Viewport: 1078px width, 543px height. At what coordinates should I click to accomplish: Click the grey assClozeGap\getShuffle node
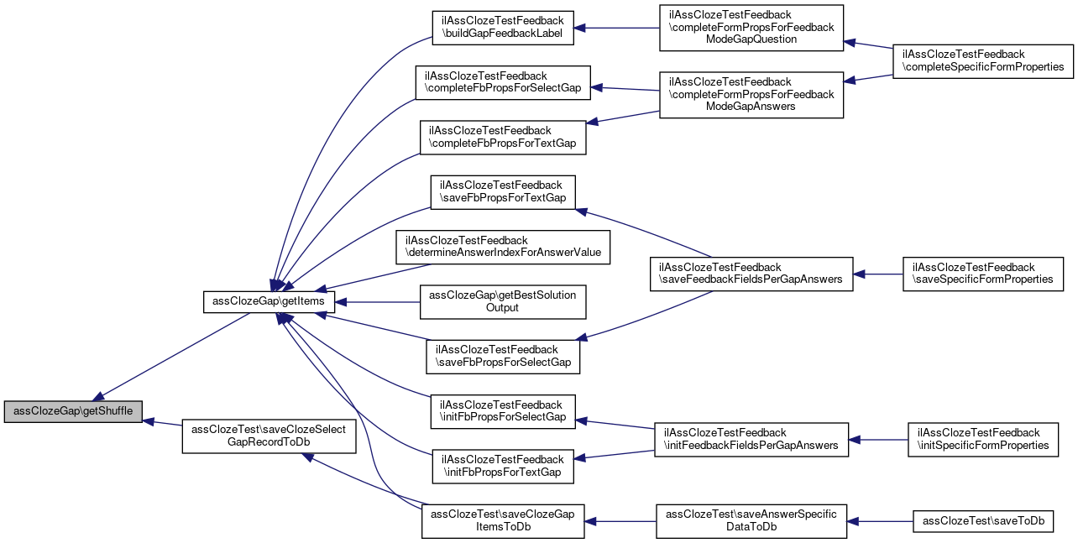click(72, 412)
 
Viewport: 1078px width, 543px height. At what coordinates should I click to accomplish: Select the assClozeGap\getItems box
click(269, 301)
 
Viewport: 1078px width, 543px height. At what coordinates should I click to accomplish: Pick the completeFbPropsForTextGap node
click(502, 137)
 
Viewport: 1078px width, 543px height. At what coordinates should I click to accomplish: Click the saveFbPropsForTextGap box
click(503, 191)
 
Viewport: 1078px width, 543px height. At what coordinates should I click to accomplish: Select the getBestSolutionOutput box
click(502, 301)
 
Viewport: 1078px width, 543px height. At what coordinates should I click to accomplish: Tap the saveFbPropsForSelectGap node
click(503, 356)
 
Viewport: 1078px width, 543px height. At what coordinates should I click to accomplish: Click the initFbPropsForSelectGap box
click(503, 410)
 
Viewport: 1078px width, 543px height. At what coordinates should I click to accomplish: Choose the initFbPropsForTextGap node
click(502, 465)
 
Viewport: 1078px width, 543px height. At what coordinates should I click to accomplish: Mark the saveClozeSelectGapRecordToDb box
click(269, 436)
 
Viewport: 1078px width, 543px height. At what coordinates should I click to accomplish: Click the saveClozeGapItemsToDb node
click(502, 520)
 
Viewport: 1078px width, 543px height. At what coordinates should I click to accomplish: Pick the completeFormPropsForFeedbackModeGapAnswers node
click(751, 94)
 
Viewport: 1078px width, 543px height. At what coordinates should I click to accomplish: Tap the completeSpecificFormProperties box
click(983, 60)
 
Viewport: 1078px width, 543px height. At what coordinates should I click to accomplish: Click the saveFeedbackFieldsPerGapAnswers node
click(751, 274)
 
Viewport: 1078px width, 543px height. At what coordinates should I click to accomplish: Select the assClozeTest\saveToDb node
click(983, 520)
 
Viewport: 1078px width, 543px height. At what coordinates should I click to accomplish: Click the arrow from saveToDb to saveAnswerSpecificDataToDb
click(880, 520)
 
